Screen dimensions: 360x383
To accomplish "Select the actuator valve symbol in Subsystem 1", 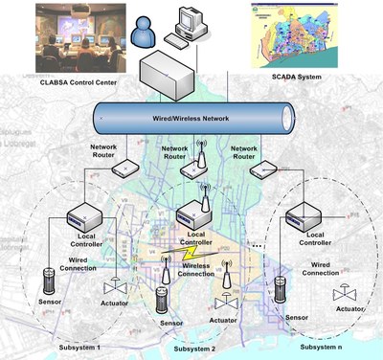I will click(110, 287).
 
